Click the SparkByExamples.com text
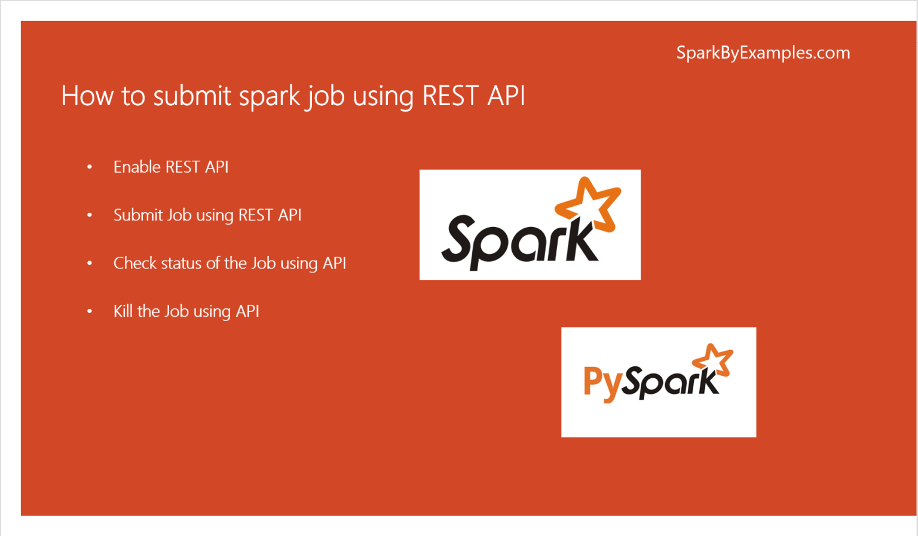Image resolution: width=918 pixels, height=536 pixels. [763, 53]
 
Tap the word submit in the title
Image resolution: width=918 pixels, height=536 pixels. [192, 96]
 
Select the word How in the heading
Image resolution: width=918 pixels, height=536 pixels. [87, 96]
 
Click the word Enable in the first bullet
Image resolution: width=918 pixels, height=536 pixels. [137, 167]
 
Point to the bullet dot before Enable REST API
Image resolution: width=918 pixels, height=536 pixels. [90, 167]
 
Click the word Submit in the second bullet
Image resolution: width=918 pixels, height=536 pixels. [138, 215]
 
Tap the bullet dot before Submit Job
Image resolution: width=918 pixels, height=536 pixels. [90, 215]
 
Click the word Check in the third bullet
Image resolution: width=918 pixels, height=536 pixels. [135, 263]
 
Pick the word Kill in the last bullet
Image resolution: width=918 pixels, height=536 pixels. [123, 311]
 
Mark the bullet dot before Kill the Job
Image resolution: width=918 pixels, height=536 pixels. [90, 311]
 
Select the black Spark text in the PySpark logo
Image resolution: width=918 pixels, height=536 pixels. [669, 382]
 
